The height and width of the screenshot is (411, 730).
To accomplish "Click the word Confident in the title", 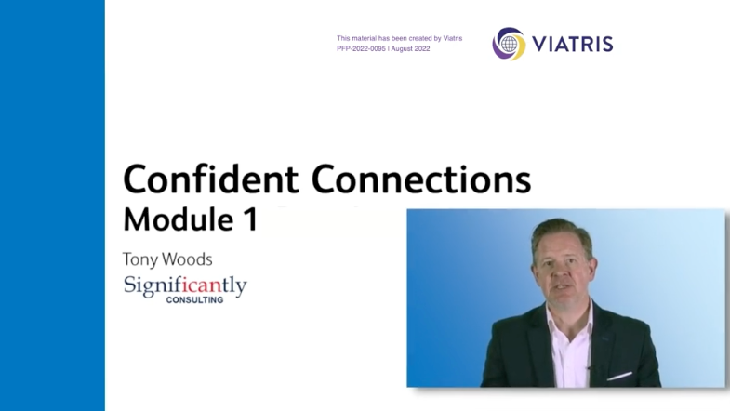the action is [211, 179].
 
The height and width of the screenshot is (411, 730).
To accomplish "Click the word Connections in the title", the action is [421, 179].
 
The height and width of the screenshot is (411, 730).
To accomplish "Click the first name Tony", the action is [139, 259].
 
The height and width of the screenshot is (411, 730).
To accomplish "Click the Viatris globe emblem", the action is [509, 44].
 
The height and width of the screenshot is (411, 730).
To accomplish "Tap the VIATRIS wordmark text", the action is [572, 45].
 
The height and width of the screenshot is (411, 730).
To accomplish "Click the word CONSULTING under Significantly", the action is [194, 300].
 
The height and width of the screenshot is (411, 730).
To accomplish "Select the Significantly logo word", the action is [185, 285].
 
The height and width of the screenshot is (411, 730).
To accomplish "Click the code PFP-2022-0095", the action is [361, 49].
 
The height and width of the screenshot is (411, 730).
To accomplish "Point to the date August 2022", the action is [410, 49].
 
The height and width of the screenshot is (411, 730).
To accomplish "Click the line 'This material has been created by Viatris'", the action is [400, 38].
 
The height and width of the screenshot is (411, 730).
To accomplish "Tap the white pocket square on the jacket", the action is [619, 376].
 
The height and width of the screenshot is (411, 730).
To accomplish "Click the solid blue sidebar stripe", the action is [52, 205].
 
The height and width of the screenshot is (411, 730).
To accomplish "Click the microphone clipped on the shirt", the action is [589, 369].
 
